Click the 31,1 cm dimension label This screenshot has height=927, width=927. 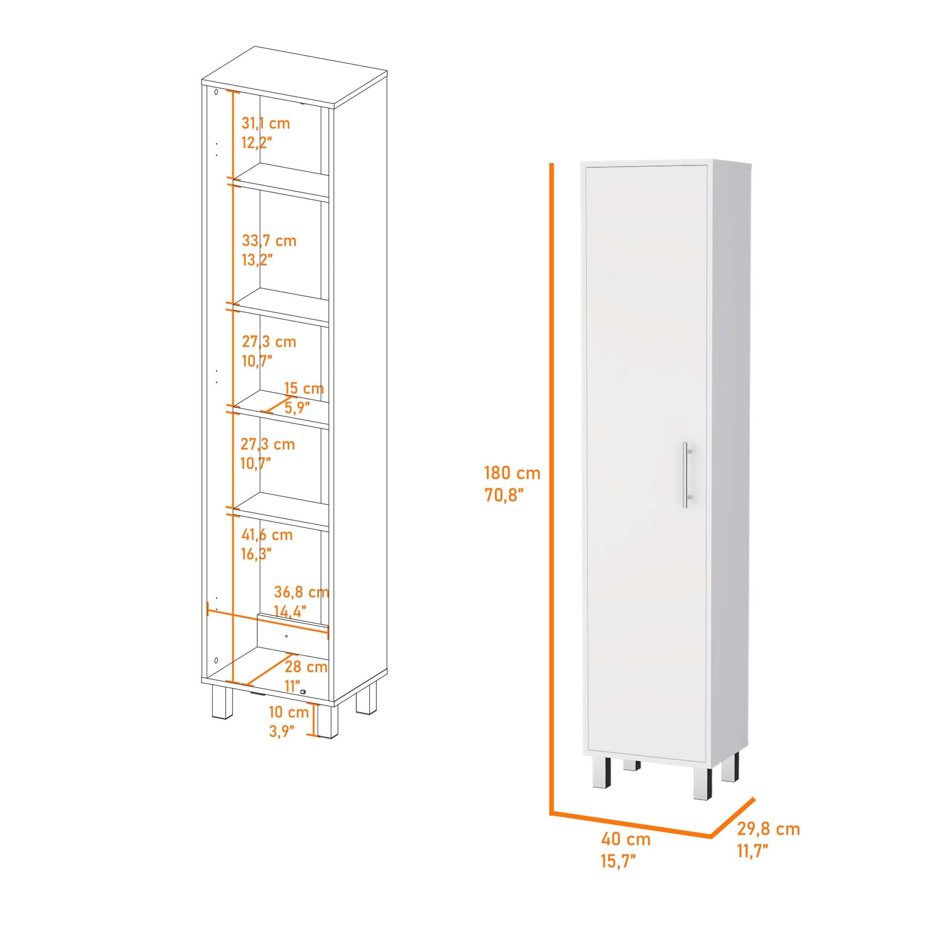[x=266, y=124]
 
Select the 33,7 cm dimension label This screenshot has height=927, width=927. [x=269, y=241]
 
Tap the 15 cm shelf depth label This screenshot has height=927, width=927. [x=304, y=389]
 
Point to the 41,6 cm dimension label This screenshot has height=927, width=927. [x=267, y=535]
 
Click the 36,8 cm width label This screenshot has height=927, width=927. [x=302, y=592]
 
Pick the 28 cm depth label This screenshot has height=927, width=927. [x=306, y=667]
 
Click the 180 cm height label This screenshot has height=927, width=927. [x=513, y=474]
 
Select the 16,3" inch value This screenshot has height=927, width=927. [x=256, y=554]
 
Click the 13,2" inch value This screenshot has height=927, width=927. [x=258, y=260]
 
